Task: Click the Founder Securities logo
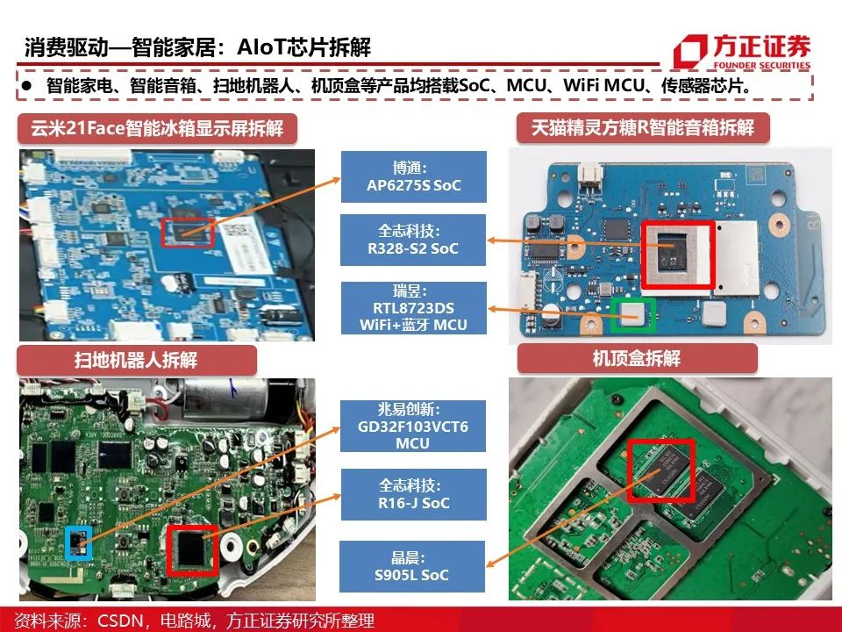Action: coord(742,52)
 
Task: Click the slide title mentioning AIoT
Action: coord(197,47)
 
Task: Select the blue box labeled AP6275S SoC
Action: coord(413,176)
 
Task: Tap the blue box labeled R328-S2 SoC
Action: coord(413,240)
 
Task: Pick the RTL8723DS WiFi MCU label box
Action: coord(413,308)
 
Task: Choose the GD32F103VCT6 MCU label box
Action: coord(413,427)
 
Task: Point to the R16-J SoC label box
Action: coord(413,494)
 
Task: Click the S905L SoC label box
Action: coord(412,566)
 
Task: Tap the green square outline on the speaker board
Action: coord(634,314)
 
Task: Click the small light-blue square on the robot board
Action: coord(78,543)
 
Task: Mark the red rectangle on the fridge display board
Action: coord(188,233)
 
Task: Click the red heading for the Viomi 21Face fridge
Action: coord(157,128)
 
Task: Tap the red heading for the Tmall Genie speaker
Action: coord(643,127)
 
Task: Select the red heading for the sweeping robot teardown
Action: coord(137,360)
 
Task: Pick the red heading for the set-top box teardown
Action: coord(637,358)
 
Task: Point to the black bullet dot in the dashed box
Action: coord(27,85)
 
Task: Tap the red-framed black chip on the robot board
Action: coord(192,549)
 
